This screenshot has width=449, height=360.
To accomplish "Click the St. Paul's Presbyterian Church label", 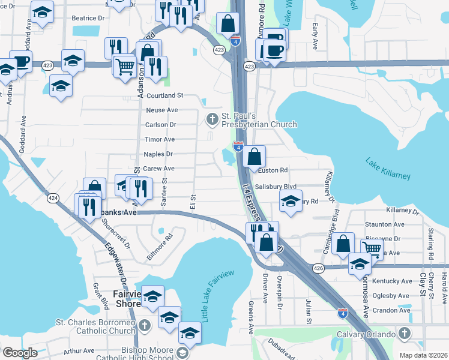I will tap(259, 120).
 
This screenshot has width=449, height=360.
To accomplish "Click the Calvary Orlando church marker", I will tap(405, 334).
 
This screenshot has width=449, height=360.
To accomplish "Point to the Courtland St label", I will tap(164, 95).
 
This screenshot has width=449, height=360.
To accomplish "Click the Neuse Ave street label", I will tap(162, 110).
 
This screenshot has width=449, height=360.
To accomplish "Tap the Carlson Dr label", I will tap(160, 125).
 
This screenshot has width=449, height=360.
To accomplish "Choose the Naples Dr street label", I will tap(158, 154).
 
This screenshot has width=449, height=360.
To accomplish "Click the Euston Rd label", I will tap(273, 170).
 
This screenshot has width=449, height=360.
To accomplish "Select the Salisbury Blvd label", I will tap(276, 187).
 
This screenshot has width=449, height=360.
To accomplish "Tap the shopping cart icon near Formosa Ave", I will tap(372, 247).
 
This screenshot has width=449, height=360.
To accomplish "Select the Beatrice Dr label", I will tap(88, 19).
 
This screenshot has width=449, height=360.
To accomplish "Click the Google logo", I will tap(20, 353).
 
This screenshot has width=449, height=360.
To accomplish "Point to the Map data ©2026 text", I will tap(423, 355).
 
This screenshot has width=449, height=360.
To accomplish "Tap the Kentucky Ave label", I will tap(392, 281).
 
